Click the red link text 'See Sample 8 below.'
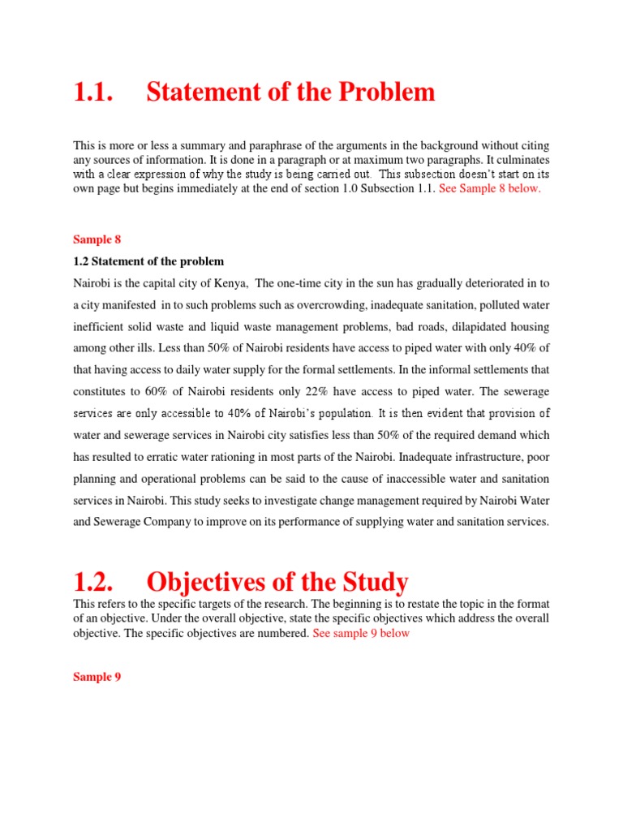(x=489, y=188)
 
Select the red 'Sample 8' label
(x=97, y=239)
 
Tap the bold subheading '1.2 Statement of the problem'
(x=148, y=261)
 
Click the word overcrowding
(x=319, y=304)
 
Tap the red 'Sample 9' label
(x=97, y=676)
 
